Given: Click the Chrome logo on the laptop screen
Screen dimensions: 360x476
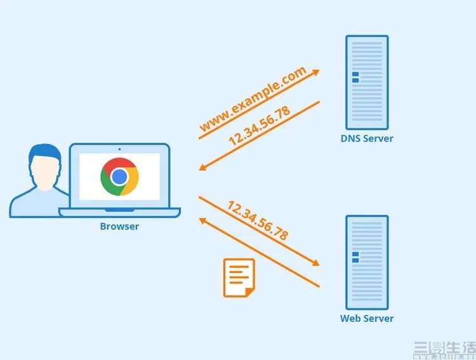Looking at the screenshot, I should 119,177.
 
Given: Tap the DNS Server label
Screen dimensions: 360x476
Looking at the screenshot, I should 367,138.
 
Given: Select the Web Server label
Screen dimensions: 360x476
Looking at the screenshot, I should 367,318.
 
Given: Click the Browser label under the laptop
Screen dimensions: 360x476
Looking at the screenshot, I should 119,226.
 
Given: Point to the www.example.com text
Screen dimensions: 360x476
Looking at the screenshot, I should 253,101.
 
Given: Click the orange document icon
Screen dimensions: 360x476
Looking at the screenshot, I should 239,277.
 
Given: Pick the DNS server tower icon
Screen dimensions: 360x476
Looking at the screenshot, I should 367,82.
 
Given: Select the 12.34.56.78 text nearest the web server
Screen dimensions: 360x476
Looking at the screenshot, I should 257,220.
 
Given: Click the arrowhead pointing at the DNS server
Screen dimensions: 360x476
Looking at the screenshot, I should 315,71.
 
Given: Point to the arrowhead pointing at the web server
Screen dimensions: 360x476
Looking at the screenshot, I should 315,263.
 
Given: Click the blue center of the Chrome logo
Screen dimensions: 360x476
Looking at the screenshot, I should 119,177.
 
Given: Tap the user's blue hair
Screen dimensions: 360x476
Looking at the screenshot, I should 43,152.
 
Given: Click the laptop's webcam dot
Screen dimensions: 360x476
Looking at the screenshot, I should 119,149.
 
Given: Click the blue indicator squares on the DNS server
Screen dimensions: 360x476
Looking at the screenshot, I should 355,77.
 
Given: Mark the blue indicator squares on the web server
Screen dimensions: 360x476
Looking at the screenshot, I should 355,257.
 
